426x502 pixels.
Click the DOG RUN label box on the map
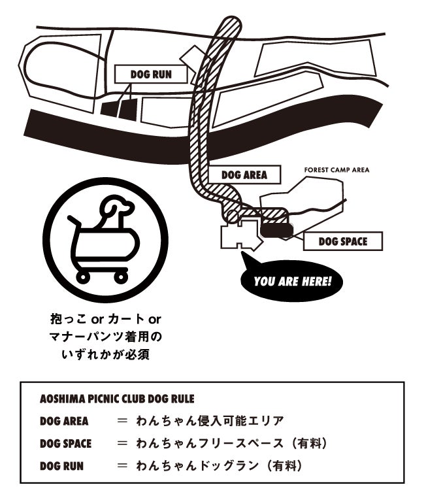point(151,75)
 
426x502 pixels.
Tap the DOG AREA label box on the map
point(244,175)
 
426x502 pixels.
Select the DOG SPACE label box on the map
point(342,242)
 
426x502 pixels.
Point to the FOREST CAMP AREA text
point(336,170)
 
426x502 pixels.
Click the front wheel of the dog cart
point(120,277)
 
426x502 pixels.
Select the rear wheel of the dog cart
point(84,277)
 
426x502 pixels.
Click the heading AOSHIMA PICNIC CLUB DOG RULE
point(117,398)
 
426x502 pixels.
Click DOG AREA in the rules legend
point(64,420)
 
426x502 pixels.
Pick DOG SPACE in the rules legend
point(66,443)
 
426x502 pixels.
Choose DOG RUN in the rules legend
point(61,466)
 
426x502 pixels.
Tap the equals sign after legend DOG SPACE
point(122,443)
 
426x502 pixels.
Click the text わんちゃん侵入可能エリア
point(210,420)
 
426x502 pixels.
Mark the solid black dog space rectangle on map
point(276,228)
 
